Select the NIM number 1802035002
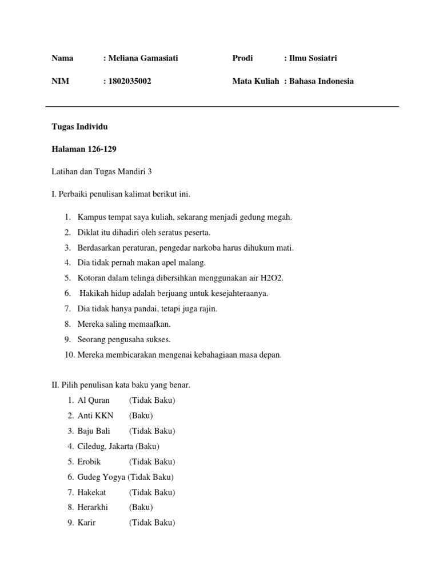click(130, 81)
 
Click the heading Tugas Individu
click(79, 126)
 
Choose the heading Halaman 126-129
click(84, 149)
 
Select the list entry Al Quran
click(94, 400)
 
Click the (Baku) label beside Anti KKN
click(141, 416)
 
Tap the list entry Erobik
click(89, 462)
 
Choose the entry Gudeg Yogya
click(101, 477)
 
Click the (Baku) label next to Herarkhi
click(141, 507)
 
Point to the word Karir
click(87, 523)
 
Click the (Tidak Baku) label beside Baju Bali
click(152, 431)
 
